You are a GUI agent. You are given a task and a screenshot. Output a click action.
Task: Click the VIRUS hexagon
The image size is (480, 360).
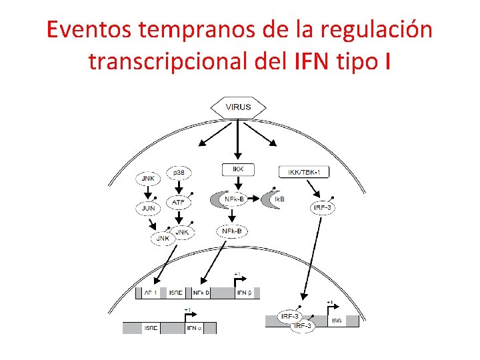tap(238, 107)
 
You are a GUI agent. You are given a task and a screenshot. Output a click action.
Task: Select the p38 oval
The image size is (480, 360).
tap(179, 172)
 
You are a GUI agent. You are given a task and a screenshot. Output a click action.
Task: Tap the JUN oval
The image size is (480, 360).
tap(147, 207)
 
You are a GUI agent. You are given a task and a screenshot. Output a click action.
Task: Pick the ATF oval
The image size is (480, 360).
tap(179, 201)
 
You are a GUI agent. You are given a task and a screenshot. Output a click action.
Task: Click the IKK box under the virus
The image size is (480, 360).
tap(238, 170)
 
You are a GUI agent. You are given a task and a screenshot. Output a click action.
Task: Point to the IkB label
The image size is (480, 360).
tap(279, 199)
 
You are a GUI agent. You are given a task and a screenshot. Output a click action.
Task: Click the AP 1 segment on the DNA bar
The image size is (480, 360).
tap(151, 293)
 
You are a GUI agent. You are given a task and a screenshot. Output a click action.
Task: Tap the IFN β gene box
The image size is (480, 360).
tap(244, 293)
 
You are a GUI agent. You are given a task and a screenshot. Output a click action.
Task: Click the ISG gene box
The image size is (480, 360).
tap(337, 321)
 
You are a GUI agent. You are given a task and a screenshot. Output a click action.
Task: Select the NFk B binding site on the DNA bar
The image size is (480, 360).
tap(201, 293)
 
